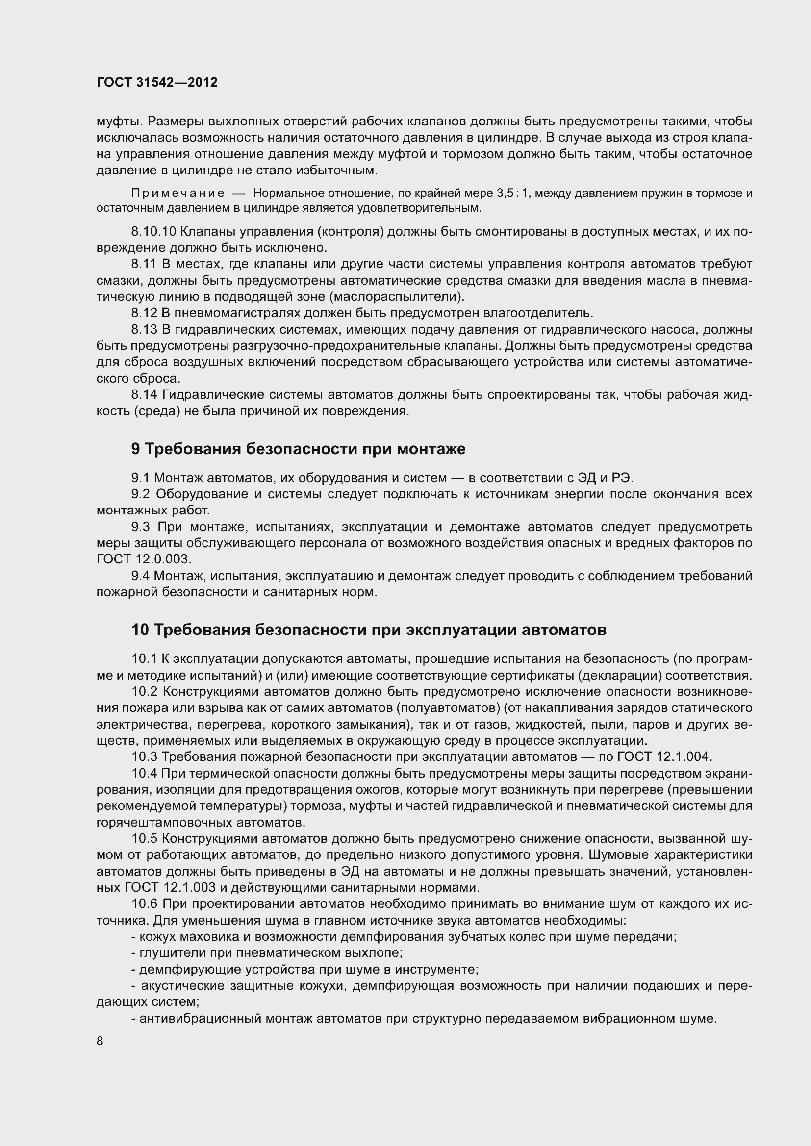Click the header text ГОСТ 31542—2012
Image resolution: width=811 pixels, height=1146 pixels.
[157, 82]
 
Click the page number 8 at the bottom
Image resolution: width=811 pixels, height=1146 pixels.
[100, 1041]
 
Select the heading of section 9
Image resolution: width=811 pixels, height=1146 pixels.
[298, 449]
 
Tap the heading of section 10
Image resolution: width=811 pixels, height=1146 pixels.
[369, 630]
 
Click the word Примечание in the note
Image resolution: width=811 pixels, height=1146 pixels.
[177, 193]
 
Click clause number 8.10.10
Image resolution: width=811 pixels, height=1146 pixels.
[153, 231]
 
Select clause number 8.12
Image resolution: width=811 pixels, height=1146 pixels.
[144, 313]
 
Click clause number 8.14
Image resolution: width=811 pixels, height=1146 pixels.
[144, 394]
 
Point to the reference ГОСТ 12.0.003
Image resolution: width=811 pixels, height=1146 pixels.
[144, 559]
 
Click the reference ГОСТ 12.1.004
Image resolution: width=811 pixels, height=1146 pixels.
[664, 756]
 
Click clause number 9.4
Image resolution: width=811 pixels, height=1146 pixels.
[140, 576]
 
